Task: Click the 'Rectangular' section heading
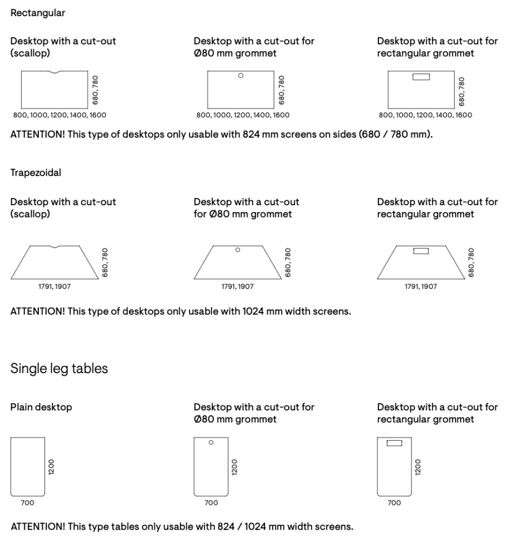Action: tap(38, 13)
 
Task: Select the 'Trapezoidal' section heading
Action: tap(36, 173)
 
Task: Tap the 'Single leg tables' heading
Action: tap(59, 369)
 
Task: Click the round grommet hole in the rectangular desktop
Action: tap(241, 76)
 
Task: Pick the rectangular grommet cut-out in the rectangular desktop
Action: tap(421, 77)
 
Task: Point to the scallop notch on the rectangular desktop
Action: tap(55, 72)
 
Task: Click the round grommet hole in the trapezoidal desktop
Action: tap(238, 249)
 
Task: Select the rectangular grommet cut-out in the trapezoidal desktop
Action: tap(421, 251)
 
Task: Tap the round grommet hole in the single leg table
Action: tap(211, 442)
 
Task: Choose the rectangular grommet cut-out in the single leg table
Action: tap(395, 443)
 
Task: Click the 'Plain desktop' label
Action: tap(41, 407)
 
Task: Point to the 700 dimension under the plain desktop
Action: tap(27, 503)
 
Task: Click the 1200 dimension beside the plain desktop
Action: tap(52, 467)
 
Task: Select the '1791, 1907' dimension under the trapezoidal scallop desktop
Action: tap(54, 287)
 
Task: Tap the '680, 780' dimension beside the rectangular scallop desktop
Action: tap(96, 90)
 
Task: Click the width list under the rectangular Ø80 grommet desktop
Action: tap(243, 115)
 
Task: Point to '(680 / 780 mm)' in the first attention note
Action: tap(396, 134)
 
